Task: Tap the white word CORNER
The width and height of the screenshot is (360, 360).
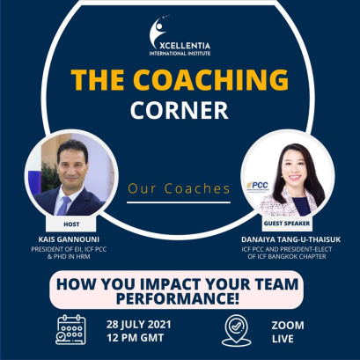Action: [x=180, y=113]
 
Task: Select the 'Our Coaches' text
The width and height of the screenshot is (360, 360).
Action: [x=180, y=187]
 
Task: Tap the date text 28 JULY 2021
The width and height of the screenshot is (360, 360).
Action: [x=138, y=320]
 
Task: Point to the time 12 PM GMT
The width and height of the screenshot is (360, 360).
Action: [x=133, y=336]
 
